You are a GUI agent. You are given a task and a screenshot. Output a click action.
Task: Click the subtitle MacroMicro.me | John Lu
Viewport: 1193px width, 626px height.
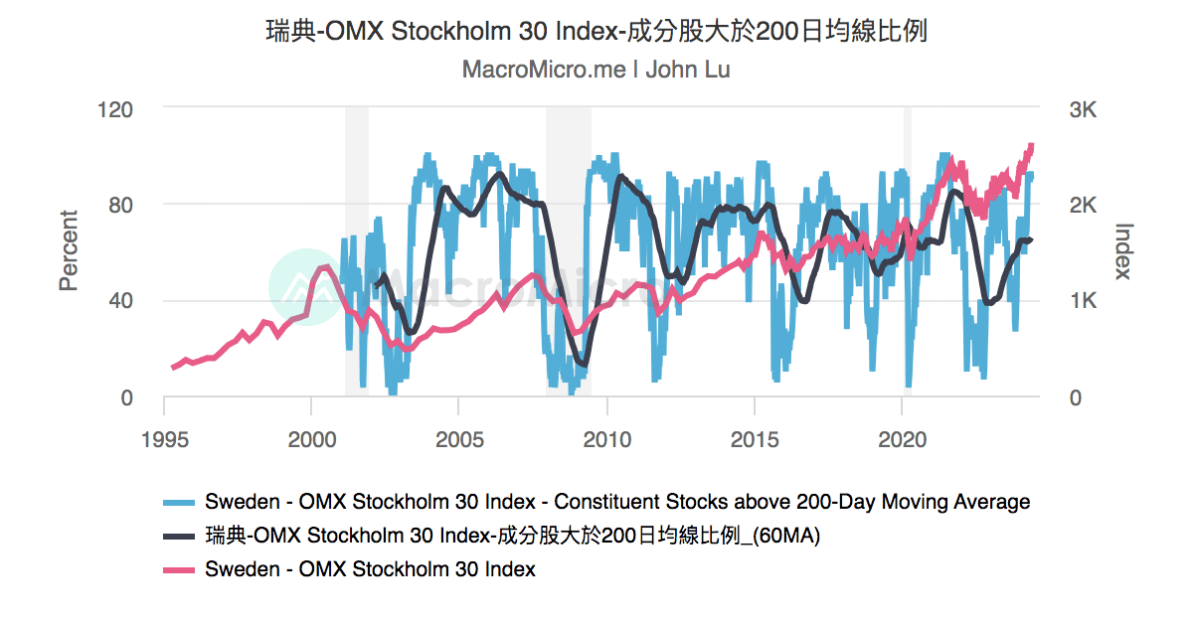(596, 71)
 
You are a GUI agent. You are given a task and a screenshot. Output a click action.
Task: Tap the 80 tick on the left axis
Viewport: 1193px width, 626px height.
(119, 205)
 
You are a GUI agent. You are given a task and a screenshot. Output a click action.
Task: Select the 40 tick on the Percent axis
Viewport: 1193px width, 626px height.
(119, 301)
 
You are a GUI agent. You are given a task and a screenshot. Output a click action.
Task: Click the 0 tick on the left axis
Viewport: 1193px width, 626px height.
(126, 397)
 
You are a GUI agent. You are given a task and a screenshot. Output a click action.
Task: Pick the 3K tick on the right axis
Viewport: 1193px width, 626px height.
(1082, 108)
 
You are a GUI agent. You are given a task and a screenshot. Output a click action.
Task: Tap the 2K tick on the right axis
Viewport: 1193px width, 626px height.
(1082, 205)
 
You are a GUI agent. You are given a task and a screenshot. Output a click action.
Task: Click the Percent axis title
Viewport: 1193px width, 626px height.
(68, 250)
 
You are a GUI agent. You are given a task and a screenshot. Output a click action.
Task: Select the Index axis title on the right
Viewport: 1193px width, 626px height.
(1123, 250)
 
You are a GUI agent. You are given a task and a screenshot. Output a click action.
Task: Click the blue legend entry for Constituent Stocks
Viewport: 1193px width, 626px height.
(616, 502)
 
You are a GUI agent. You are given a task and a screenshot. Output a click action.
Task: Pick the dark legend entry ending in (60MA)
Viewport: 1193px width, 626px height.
(512, 536)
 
